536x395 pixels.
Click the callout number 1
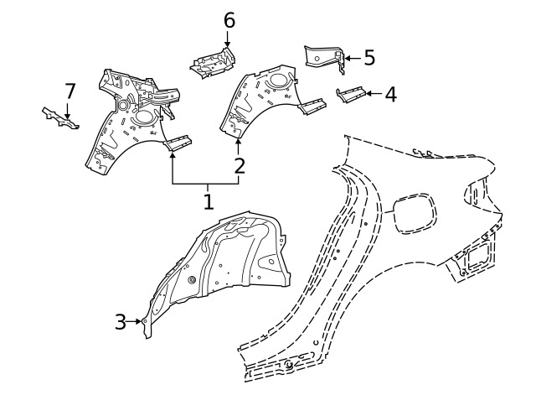point(209,201)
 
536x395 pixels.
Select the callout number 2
point(240,166)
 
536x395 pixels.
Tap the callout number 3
point(121,322)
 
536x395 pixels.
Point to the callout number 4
point(391,94)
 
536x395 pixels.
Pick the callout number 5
point(369,58)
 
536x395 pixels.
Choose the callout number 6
point(229,20)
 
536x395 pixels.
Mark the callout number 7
point(70,91)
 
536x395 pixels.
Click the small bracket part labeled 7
point(61,118)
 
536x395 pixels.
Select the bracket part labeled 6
point(213,64)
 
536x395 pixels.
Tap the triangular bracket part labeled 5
point(323,58)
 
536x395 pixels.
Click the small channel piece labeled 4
point(351,94)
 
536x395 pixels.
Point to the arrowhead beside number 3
point(138,321)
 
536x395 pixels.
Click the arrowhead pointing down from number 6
point(227,44)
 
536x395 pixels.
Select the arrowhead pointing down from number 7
point(67,116)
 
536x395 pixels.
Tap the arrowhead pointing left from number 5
point(348,58)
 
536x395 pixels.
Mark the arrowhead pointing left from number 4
point(368,93)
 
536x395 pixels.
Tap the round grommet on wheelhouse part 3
point(192,280)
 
